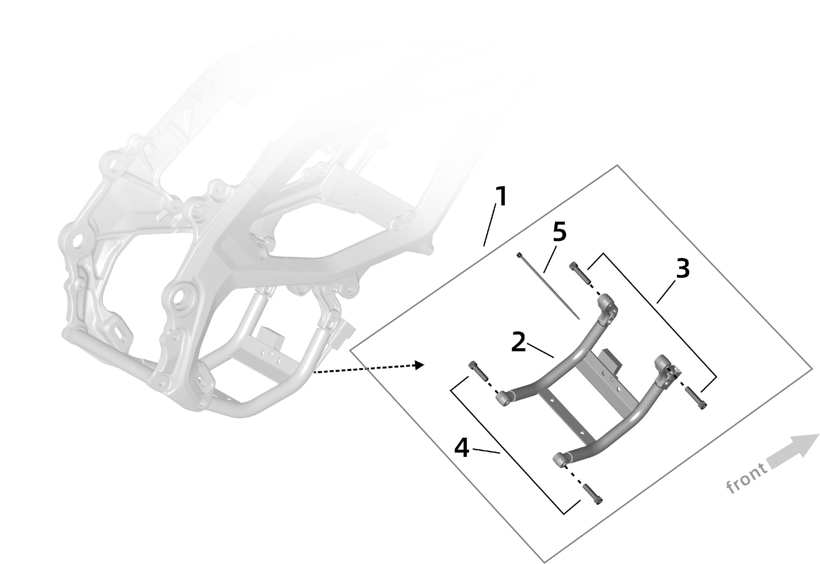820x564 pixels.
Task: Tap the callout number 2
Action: (519, 342)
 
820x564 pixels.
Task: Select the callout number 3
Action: (683, 269)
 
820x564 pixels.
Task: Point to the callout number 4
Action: (462, 449)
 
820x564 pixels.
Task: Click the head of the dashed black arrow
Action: (419, 365)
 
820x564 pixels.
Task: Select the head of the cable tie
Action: (519, 255)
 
